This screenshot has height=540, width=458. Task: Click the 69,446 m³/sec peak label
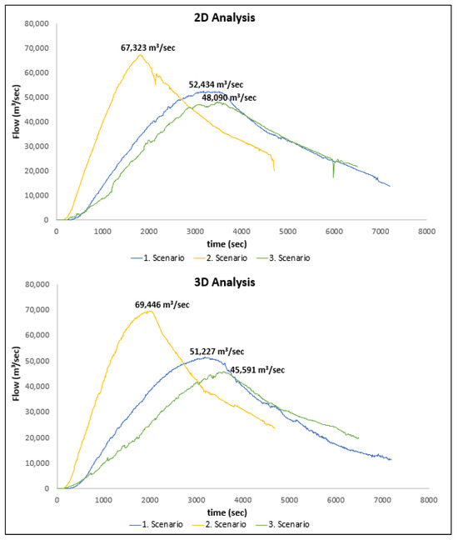coord(162,304)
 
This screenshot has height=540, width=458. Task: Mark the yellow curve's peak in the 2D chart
coord(152,55)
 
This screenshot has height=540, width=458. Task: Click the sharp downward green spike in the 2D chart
coord(333,176)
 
